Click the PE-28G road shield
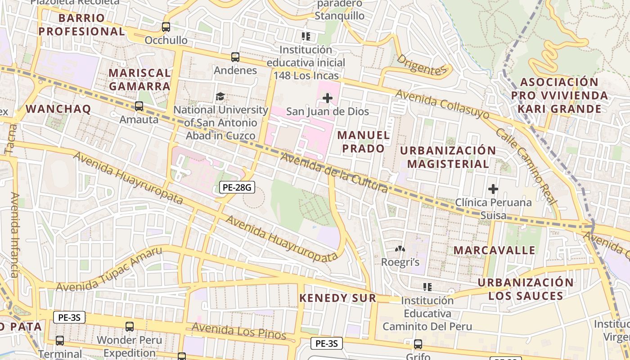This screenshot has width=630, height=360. (237, 187)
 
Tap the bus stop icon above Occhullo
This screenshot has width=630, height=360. (166, 27)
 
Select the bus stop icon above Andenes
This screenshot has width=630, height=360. (235, 57)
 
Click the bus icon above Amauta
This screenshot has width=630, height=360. (139, 106)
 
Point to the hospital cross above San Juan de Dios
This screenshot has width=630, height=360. (328, 98)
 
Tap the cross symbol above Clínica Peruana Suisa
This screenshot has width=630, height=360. (493, 189)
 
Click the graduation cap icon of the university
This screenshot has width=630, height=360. (220, 96)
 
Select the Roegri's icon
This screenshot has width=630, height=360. (400, 249)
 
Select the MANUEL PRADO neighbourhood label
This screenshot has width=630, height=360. (363, 142)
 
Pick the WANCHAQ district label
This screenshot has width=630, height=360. (58, 109)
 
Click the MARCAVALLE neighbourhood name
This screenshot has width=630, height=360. (494, 250)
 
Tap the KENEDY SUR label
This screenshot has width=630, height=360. (337, 298)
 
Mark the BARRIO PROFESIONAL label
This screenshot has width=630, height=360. (81, 25)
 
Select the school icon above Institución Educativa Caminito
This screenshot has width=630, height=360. (427, 287)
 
